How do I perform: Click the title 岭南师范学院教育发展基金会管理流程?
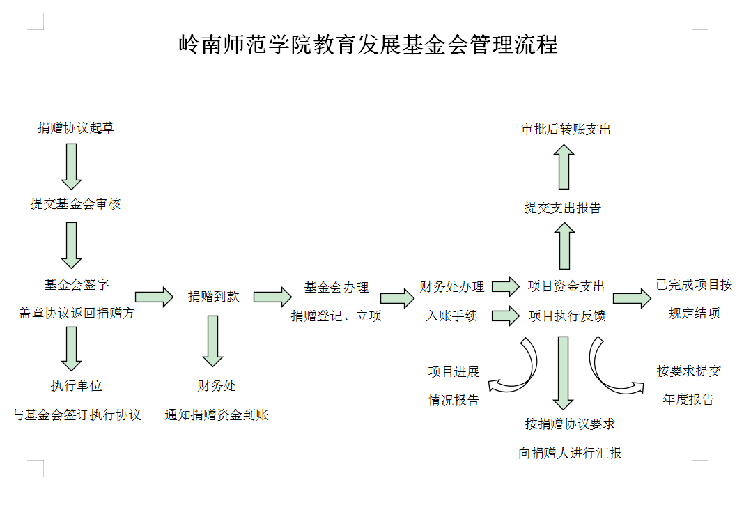(368, 45)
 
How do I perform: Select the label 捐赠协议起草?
(76, 128)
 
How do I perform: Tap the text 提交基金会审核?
(75, 203)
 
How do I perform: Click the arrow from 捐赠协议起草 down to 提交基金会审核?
(72, 167)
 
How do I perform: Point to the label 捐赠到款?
(213, 296)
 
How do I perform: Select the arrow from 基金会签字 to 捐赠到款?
(154, 297)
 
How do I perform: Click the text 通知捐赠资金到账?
(217, 415)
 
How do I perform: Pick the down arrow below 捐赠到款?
(213, 341)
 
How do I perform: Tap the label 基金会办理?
(336, 287)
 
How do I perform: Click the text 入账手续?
(452, 316)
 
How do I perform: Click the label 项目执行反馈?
(566, 316)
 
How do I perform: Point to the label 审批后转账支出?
(566, 130)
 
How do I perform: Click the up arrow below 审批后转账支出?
(564, 167)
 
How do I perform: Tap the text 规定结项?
(694, 314)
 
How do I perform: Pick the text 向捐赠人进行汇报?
(570, 453)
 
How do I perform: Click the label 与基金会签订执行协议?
(76, 415)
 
